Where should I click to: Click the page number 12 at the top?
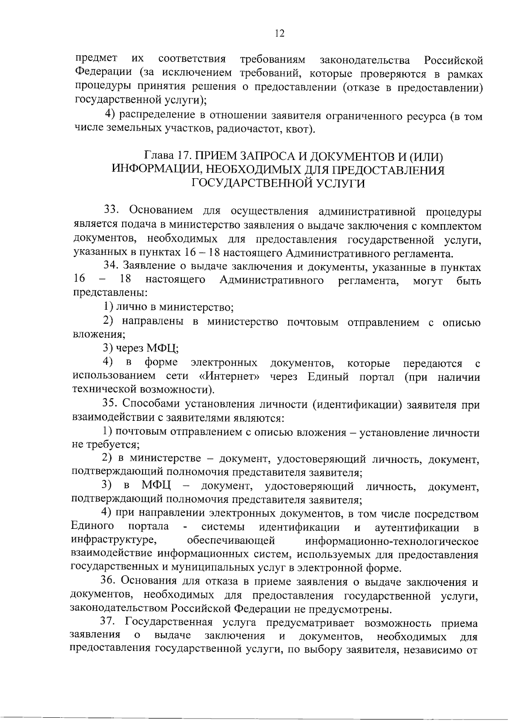279,34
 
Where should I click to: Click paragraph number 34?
112,267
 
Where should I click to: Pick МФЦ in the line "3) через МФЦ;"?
162,349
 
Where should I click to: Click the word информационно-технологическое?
392,542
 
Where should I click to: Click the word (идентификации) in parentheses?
358,404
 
